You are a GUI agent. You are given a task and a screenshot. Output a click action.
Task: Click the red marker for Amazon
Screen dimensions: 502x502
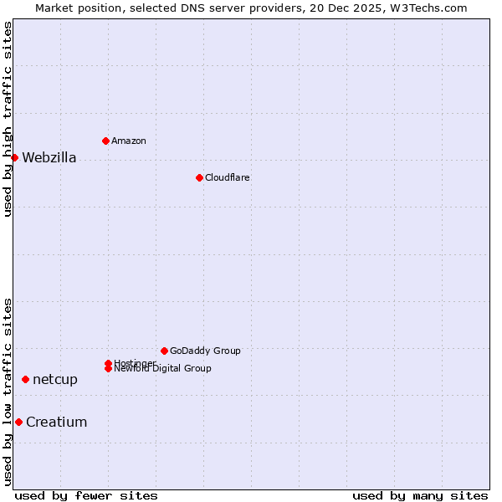(x=105, y=141)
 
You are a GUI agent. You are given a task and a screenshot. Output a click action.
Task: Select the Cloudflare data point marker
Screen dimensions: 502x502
(x=199, y=177)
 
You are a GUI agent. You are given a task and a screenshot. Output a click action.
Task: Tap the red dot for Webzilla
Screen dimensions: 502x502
(x=14, y=157)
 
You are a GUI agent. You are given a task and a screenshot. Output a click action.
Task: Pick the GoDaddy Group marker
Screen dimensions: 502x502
(x=164, y=351)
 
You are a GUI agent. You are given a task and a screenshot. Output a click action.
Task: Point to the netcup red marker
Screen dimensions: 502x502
(x=25, y=379)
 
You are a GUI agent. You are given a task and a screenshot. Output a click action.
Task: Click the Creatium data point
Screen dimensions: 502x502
(x=18, y=422)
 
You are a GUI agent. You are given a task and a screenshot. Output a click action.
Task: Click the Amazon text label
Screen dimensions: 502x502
(x=128, y=141)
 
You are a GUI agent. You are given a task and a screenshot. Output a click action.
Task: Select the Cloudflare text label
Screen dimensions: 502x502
(x=227, y=177)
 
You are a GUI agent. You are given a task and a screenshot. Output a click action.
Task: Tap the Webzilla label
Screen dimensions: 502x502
(x=49, y=158)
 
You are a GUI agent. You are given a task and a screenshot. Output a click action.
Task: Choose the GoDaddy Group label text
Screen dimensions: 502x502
(x=205, y=351)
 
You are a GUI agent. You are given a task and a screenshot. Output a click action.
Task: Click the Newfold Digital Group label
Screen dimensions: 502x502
(x=162, y=369)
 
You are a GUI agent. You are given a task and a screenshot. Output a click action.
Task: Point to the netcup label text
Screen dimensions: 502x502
(x=55, y=380)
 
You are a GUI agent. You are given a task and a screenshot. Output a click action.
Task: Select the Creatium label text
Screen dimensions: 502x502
(x=56, y=423)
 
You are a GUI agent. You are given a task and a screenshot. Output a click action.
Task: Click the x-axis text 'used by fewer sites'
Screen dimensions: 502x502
(x=86, y=495)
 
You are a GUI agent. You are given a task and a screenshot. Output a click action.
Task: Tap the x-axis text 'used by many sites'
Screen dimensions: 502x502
(x=420, y=495)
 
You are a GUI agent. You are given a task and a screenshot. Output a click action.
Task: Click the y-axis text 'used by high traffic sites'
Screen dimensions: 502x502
(x=8, y=119)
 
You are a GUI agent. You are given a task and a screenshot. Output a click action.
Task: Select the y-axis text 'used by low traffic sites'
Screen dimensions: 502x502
(x=8, y=392)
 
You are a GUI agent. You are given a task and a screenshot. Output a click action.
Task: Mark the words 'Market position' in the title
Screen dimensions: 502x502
(x=73, y=8)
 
